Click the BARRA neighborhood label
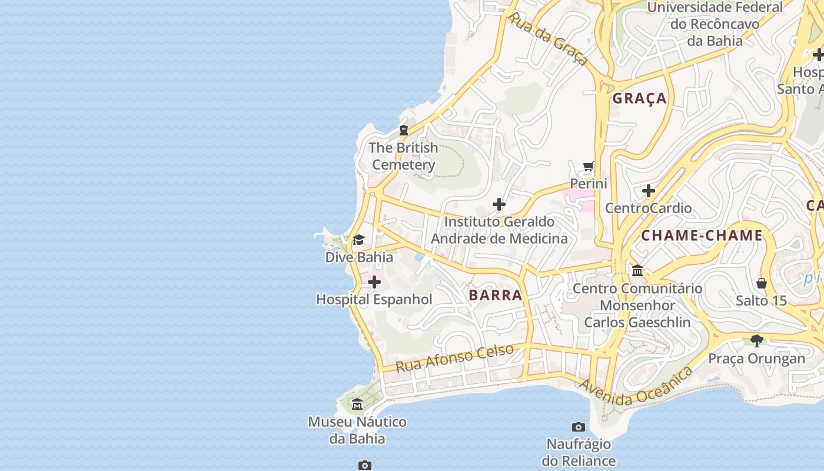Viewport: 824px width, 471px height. (x=496, y=295)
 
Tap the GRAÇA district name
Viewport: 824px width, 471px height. (x=640, y=98)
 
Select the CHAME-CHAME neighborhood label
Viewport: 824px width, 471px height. (x=702, y=236)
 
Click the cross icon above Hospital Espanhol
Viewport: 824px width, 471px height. (x=374, y=283)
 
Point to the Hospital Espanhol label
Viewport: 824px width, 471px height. (x=374, y=300)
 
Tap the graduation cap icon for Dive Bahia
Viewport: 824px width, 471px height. (x=358, y=240)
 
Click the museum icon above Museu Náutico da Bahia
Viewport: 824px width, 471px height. (x=357, y=404)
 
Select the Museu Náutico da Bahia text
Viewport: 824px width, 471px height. (x=357, y=430)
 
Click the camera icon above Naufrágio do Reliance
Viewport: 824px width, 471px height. (x=579, y=427)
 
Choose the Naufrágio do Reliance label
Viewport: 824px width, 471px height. (x=579, y=452)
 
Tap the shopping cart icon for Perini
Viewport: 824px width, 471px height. (x=588, y=167)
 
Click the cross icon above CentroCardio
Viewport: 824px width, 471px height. (x=649, y=191)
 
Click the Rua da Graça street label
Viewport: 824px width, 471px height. (x=548, y=39)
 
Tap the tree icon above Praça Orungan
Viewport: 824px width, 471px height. (x=757, y=341)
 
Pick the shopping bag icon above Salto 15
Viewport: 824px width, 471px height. (x=762, y=284)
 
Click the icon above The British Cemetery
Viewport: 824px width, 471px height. (x=404, y=130)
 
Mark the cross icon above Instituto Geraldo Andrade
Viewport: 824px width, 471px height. (x=499, y=205)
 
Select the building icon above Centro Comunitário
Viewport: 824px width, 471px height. (x=637, y=271)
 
